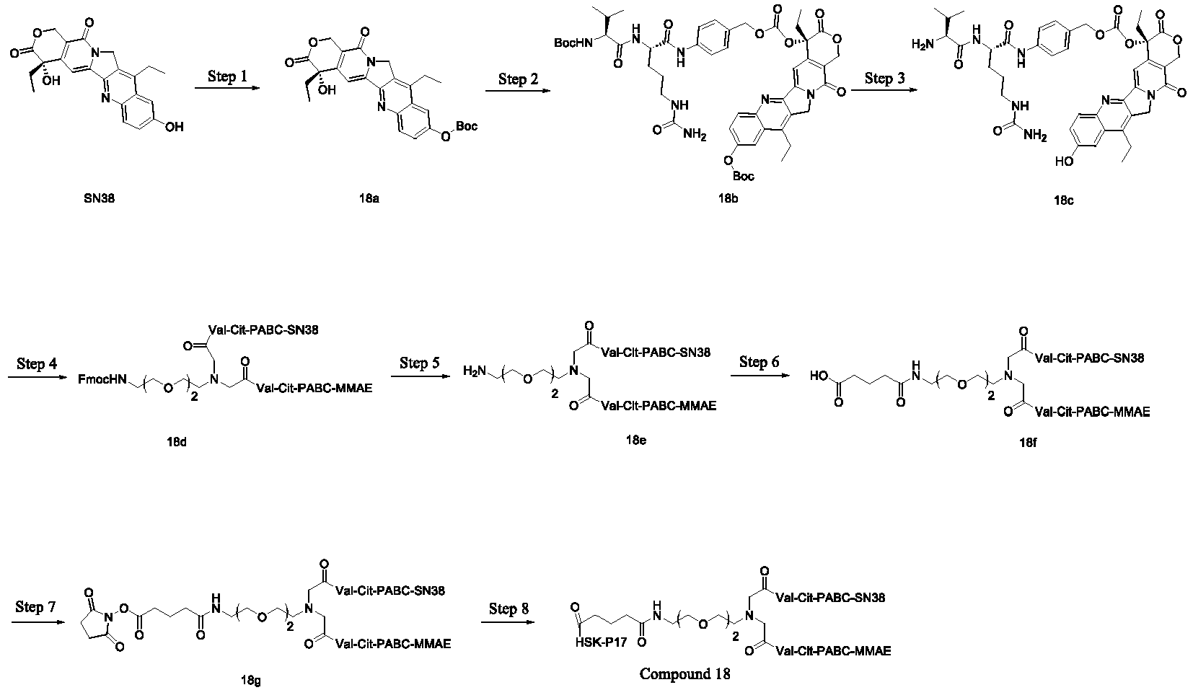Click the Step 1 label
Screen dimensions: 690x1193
[x=226, y=77]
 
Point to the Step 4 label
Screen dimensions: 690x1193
[x=37, y=363]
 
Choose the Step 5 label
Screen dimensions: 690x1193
[x=419, y=363]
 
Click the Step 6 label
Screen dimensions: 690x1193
[x=759, y=362]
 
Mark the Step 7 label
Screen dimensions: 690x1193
[x=35, y=607]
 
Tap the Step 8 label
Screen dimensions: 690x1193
[x=509, y=609]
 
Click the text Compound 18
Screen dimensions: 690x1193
[x=684, y=674]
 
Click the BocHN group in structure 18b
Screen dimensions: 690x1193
[x=572, y=43]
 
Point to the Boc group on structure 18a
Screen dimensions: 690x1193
[x=465, y=127]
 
